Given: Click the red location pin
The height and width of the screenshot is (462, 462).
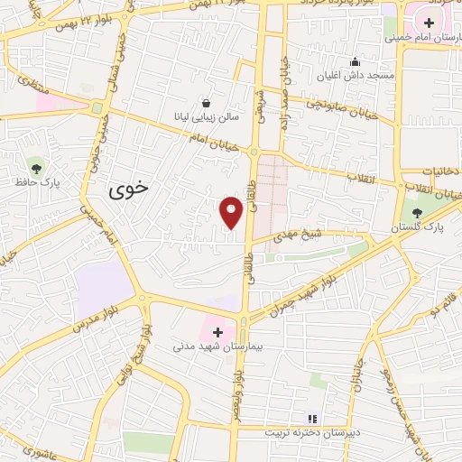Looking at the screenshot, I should (232, 212).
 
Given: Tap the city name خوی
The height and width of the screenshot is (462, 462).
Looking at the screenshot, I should (129, 190).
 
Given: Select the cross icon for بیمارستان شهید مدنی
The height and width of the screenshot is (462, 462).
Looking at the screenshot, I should (217, 332).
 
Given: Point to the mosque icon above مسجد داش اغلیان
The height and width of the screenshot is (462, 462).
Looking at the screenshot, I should (356, 62).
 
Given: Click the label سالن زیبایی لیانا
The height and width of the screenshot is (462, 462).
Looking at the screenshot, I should (207, 117).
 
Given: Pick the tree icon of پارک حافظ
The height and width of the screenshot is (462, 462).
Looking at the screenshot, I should (36, 167).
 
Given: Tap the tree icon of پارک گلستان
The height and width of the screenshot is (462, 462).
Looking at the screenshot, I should (416, 214).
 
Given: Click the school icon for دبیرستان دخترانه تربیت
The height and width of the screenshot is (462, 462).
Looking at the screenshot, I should (312, 419).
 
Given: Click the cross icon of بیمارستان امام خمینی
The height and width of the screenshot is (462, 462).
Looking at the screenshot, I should (429, 23).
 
